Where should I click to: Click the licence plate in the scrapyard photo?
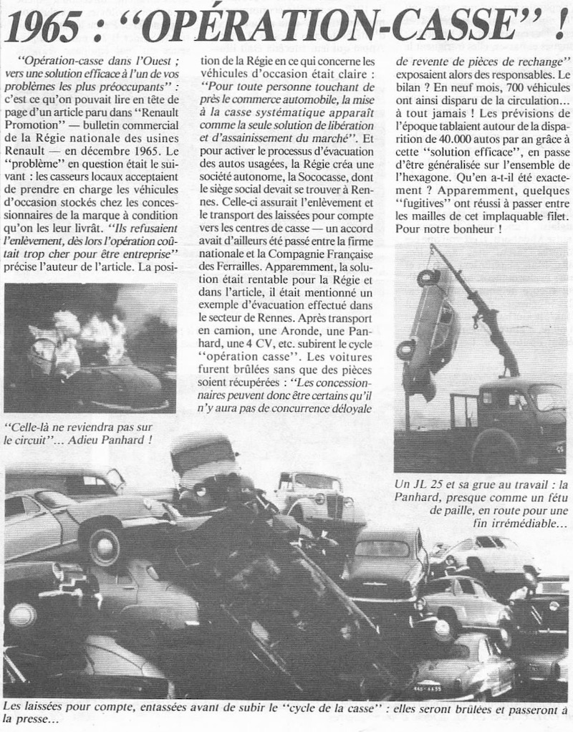428,688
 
